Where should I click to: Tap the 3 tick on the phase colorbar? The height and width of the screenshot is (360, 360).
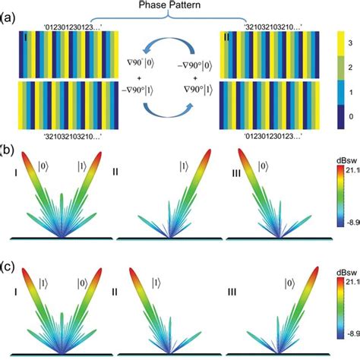pyautogui.click(x=349, y=46)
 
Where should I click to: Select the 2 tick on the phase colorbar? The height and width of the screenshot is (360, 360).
pyautogui.click(x=349, y=70)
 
